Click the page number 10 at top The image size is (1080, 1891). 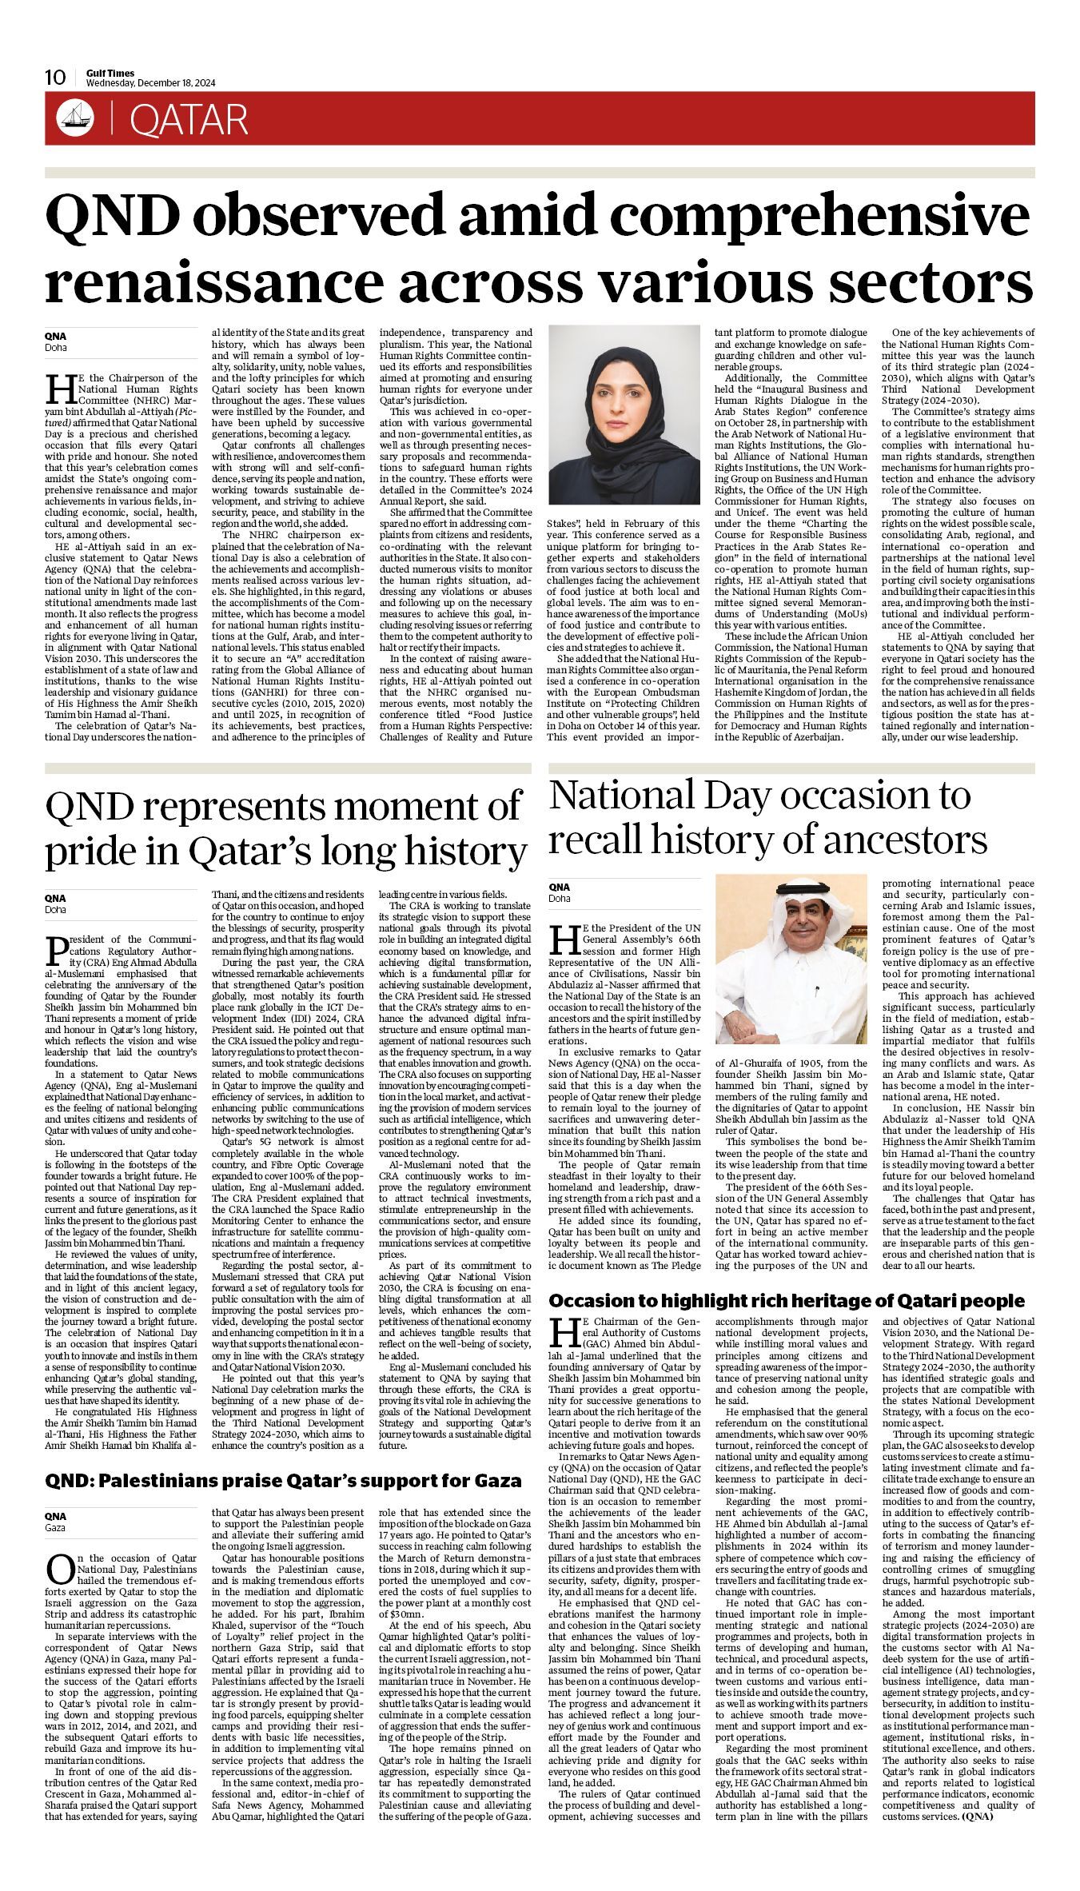click(x=55, y=78)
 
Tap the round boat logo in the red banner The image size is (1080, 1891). click(x=70, y=119)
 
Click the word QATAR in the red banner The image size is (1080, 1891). click(x=189, y=120)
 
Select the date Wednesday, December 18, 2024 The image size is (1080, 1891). click(x=151, y=83)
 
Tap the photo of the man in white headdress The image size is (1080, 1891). click(x=791, y=958)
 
